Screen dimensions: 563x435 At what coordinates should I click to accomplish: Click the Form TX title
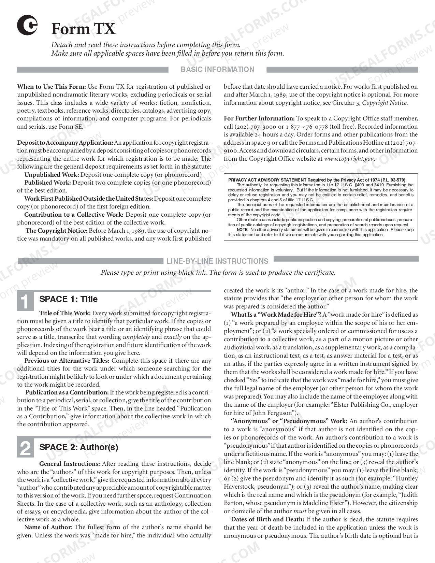(84, 29)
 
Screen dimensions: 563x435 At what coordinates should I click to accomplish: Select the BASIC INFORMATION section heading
(217, 70)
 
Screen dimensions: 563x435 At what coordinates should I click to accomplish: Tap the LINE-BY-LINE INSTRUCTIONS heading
(217, 261)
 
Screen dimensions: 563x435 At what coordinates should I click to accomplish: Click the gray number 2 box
(26, 448)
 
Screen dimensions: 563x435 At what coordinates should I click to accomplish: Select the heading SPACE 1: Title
(69, 299)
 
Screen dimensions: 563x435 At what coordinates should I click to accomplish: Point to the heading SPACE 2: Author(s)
(79, 447)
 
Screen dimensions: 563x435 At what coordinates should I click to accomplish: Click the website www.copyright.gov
(349, 159)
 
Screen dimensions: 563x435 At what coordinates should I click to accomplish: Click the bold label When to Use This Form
(52, 87)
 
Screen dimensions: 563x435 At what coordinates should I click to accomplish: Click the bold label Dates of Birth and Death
(267, 519)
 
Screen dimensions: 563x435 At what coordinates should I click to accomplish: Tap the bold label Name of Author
(49, 527)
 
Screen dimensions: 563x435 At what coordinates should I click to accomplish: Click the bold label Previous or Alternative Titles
(67, 361)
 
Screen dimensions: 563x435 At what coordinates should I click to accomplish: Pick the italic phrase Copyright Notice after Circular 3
(385, 103)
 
